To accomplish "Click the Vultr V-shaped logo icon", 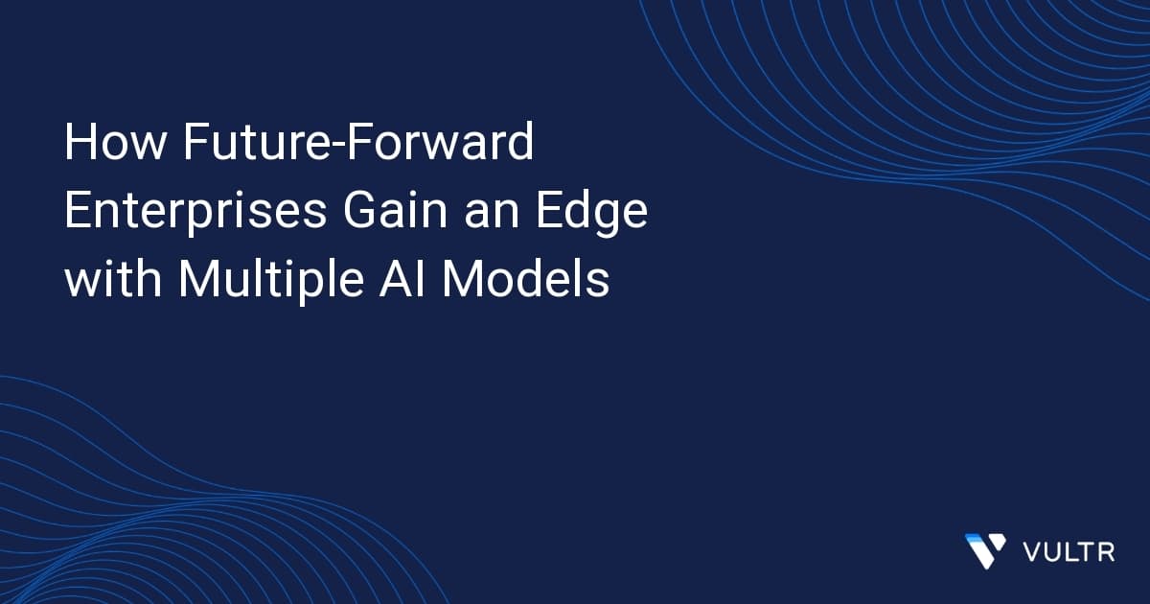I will point(985,550).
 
